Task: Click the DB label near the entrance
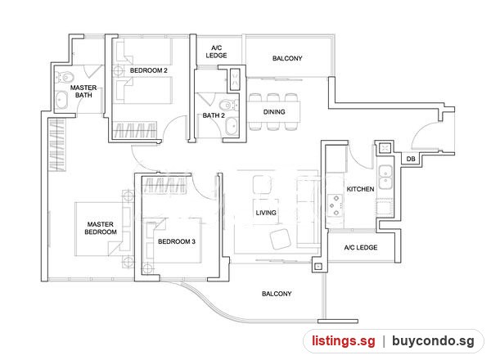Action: (x=411, y=159)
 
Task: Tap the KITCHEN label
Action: (x=360, y=189)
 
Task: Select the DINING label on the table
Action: (x=274, y=112)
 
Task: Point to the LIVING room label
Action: (x=266, y=213)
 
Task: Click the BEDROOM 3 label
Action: (x=177, y=241)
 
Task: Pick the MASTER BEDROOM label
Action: (x=101, y=228)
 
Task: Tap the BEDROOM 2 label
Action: (x=149, y=70)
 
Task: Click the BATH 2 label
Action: (x=214, y=115)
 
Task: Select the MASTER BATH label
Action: (x=83, y=92)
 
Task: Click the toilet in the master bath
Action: (x=65, y=77)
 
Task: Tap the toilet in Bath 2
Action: (x=228, y=104)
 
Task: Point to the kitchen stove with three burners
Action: (x=335, y=205)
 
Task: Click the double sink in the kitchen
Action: (x=385, y=178)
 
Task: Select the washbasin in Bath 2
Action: (x=232, y=127)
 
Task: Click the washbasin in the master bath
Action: (x=61, y=100)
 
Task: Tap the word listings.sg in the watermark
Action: (x=343, y=341)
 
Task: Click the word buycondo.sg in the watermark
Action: (x=433, y=341)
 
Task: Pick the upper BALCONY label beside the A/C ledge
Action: (x=287, y=59)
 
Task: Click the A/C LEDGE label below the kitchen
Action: (x=361, y=248)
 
